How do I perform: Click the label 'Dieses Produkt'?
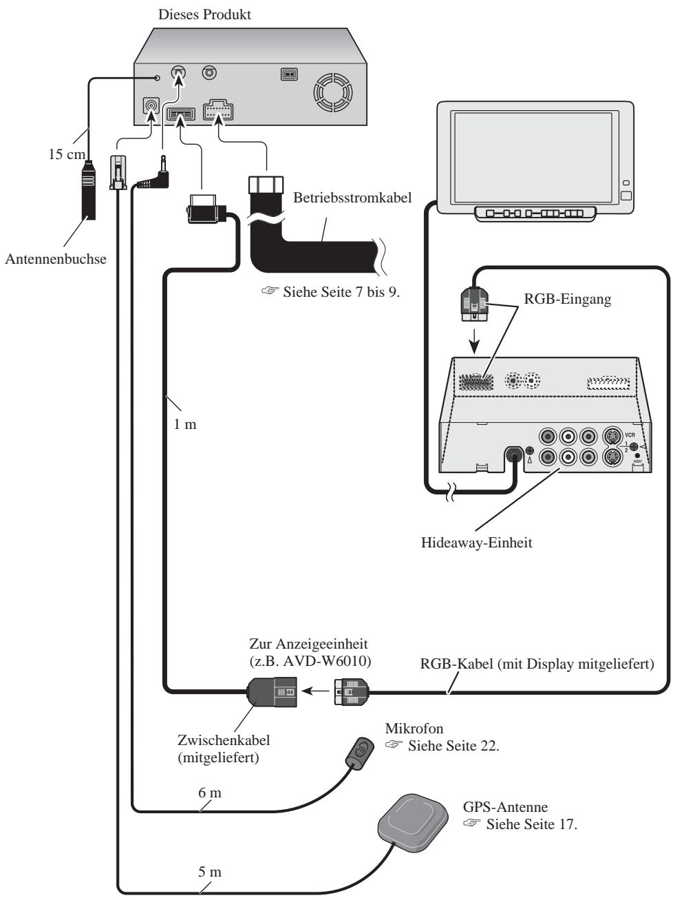(204, 14)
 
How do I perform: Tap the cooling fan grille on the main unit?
(332, 93)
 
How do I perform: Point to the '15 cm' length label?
(67, 154)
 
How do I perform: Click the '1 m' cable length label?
(185, 424)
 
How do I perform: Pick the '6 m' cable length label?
(210, 793)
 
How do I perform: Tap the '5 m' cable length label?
(210, 872)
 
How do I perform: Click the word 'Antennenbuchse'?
(56, 259)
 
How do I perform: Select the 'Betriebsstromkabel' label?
(352, 198)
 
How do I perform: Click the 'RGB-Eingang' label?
(567, 299)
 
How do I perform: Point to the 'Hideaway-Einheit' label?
(476, 543)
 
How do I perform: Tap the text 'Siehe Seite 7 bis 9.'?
(341, 292)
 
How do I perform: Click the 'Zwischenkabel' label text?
(224, 740)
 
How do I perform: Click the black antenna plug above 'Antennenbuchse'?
(89, 190)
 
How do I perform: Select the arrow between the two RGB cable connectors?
(315, 692)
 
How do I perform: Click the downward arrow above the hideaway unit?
(474, 341)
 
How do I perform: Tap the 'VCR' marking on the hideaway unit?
(630, 435)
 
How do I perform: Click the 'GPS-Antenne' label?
(505, 807)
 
